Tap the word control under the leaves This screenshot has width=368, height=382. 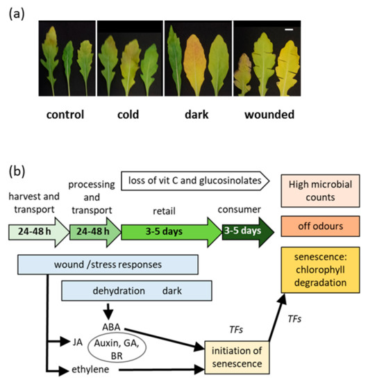[x=63, y=114]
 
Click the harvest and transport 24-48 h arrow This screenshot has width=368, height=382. [x=35, y=229]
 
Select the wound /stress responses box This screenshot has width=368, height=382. [x=108, y=264]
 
